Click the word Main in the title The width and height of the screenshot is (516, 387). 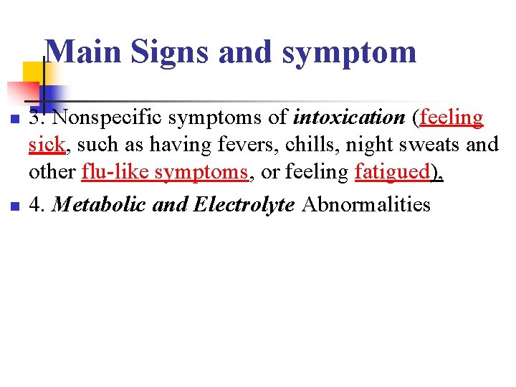click(77, 52)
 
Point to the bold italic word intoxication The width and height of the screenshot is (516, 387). click(349, 116)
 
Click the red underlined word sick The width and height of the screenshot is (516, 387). click(47, 145)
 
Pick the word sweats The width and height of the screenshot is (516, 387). click(429, 145)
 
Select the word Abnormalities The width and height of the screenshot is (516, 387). click(366, 204)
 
